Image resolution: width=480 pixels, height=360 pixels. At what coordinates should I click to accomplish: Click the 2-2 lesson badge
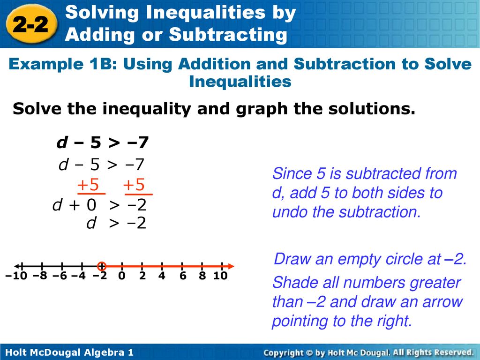tap(34, 26)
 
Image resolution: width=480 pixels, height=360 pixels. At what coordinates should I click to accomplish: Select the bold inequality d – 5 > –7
tap(103, 142)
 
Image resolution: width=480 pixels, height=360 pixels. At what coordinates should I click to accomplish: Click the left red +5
tap(89, 186)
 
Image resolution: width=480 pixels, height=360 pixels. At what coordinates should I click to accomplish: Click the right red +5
tap(135, 186)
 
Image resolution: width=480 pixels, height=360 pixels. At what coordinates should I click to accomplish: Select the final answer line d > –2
tap(117, 224)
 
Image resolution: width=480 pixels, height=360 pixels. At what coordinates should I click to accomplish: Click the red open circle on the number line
tap(102, 266)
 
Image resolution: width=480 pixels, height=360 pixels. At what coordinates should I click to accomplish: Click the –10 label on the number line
tap(17, 276)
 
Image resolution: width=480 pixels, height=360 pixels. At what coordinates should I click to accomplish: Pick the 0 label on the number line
tap(122, 276)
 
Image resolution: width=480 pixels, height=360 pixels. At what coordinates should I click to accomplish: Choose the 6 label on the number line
tap(182, 276)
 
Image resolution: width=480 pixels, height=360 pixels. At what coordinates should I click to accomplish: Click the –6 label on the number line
tap(60, 276)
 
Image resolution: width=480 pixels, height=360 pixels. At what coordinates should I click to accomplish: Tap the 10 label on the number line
tap(220, 276)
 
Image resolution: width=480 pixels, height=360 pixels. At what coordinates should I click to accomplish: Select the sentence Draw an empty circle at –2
tap(370, 259)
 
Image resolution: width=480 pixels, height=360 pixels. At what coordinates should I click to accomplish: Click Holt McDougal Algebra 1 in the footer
tap(70, 352)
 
